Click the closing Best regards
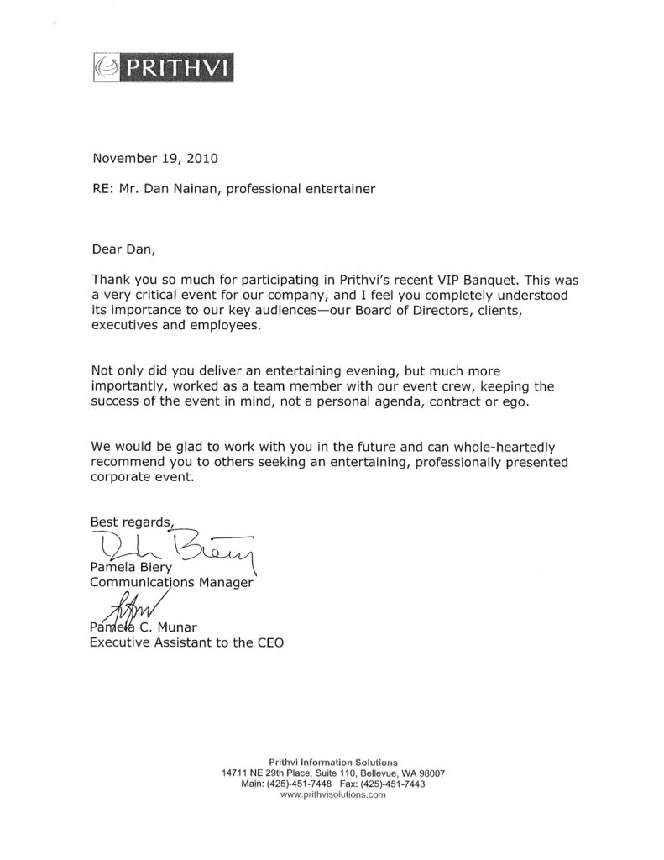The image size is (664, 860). pyautogui.click(x=130, y=522)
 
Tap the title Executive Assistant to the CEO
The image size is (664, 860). pyautogui.click(x=186, y=644)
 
